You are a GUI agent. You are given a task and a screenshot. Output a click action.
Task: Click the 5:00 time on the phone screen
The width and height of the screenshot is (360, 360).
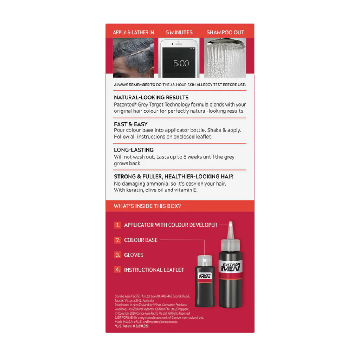(x=181, y=64)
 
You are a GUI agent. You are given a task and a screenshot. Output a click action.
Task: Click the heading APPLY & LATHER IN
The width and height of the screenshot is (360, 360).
(x=133, y=32)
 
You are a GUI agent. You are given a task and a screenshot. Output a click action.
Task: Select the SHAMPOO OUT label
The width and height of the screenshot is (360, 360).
(x=225, y=32)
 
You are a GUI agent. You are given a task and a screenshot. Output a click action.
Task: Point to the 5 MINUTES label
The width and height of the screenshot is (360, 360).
(x=179, y=32)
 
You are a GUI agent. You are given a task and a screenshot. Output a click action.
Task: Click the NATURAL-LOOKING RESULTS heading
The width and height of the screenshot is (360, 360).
(x=151, y=97)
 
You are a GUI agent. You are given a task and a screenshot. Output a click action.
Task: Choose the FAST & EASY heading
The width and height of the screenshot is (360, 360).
(x=131, y=124)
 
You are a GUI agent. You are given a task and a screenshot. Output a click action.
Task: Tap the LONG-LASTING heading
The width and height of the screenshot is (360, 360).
(x=134, y=150)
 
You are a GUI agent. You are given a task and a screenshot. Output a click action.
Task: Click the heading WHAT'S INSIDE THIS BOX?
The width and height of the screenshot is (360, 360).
(x=147, y=206)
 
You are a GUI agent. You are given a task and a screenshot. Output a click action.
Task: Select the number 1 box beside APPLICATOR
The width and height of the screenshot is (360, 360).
(x=118, y=225)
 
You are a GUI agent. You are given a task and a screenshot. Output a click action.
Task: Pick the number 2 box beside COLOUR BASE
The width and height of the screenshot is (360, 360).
(x=118, y=240)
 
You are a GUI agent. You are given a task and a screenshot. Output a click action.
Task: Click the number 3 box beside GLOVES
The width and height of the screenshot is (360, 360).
(x=118, y=255)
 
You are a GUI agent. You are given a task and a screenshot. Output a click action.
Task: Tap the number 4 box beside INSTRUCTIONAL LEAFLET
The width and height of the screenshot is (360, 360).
(x=118, y=270)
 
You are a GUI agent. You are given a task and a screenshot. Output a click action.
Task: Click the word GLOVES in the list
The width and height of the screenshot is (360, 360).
(x=134, y=255)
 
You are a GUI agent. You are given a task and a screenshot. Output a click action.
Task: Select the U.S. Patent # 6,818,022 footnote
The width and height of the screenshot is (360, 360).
(x=131, y=327)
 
